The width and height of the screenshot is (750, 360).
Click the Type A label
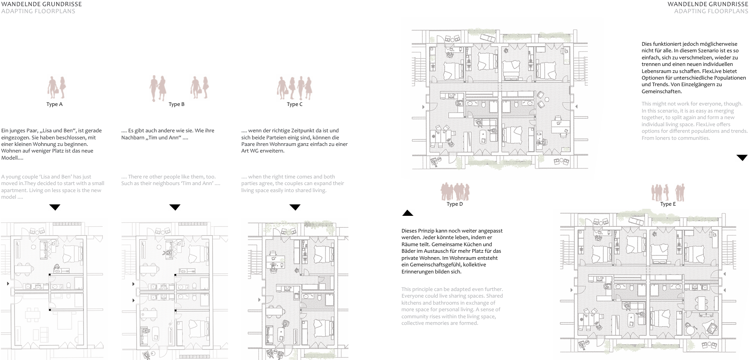54,105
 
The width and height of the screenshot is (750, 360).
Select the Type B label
177,105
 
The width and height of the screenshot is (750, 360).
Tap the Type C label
294,105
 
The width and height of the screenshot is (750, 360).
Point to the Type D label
454,204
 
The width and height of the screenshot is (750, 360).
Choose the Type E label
668,204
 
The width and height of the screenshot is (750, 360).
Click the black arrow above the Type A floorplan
55,207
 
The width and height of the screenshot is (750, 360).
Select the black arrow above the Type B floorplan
175,207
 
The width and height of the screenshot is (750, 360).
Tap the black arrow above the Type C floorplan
295,207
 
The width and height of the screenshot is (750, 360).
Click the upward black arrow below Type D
408,214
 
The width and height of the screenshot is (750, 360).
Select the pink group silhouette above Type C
294,87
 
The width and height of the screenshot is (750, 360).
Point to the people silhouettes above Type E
667,192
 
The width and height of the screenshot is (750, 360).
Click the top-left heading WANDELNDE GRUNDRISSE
41,4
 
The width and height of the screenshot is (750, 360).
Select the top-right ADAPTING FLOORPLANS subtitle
711,11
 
